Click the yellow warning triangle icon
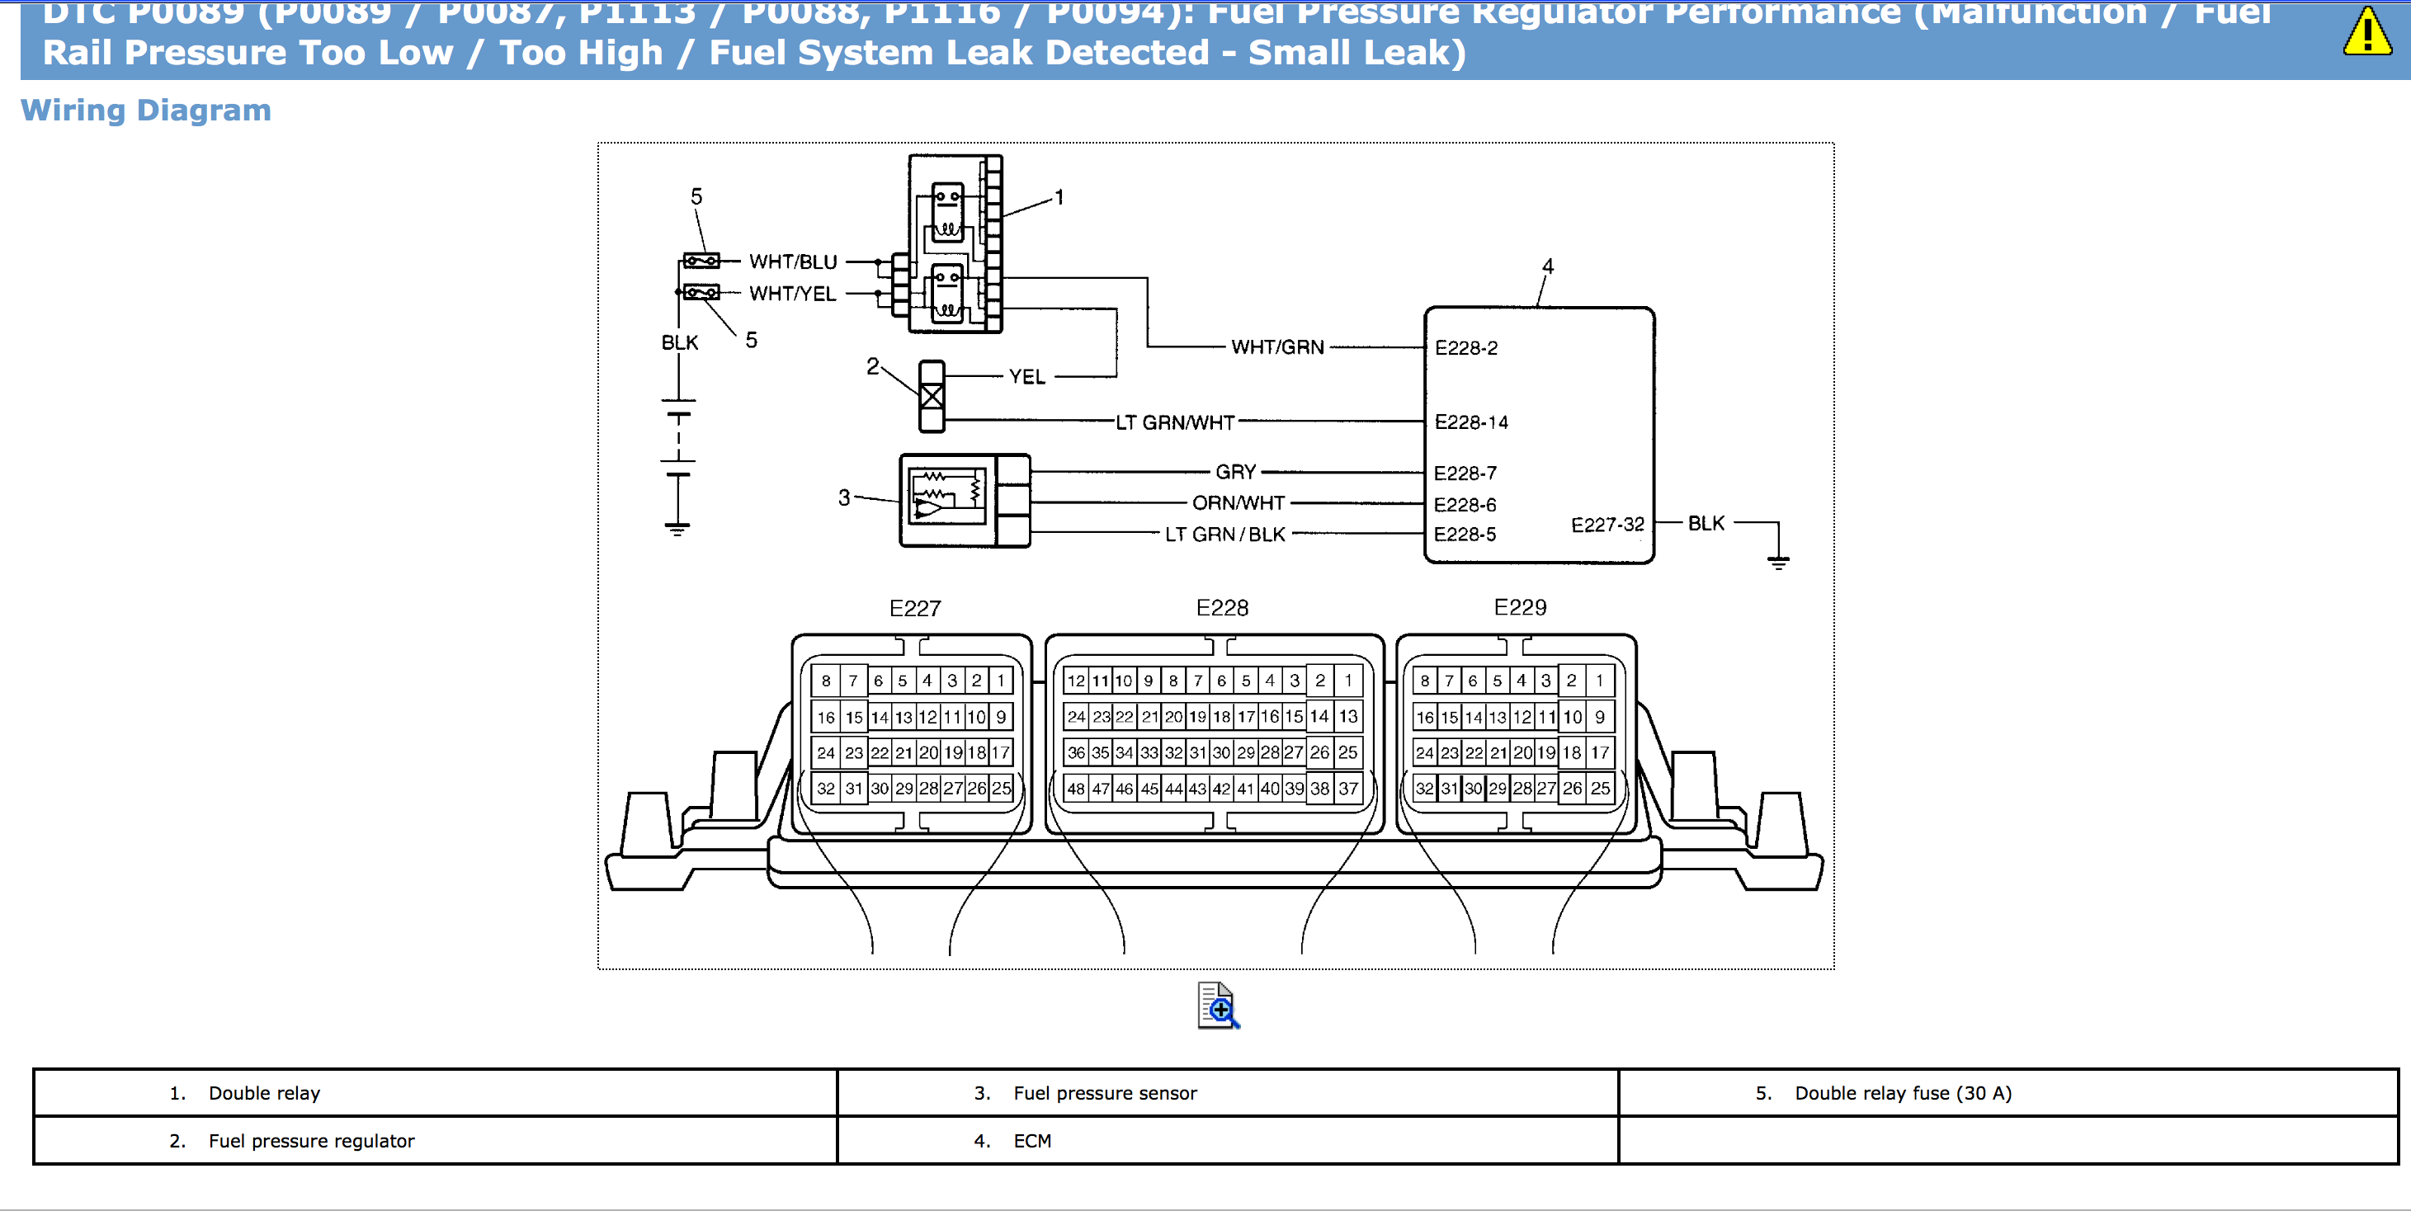[2367, 33]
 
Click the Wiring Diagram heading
[146, 111]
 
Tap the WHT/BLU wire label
[793, 262]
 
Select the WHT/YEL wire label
[792, 294]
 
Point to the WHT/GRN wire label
[1276, 347]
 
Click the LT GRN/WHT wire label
[1175, 422]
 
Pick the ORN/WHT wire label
[1238, 503]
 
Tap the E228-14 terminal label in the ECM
[1470, 422]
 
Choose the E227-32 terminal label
[1607, 525]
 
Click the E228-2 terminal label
[1465, 348]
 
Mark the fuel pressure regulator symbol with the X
[932, 397]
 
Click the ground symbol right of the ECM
[1777, 562]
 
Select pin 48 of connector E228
[1076, 789]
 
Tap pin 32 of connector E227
[825, 789]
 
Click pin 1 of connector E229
[1600, 681]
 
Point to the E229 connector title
[1520, 607]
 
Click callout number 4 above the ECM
[1548, 266]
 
